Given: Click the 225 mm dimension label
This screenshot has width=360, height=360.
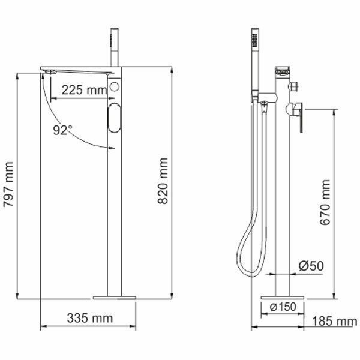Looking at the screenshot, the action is coord(84,90).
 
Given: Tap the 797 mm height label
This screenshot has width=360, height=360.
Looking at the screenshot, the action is coord(8,184).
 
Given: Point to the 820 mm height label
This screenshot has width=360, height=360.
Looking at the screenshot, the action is coord(163,181).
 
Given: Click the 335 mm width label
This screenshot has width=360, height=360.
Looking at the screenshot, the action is coord(90,318).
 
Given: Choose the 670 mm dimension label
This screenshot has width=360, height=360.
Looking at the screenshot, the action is coord(325,202).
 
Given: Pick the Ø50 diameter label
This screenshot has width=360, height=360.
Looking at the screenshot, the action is coord(311,266).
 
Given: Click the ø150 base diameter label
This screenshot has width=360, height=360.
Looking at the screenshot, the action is coord(283,307).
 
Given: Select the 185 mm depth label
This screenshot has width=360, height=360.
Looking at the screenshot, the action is coord(335,321).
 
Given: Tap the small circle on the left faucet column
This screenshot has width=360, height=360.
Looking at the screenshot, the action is coord(114,87).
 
